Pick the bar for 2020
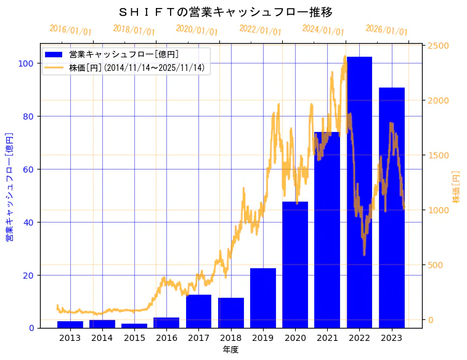pyautogui.click(x=295, y=264)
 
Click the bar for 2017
pyautogui.click(x=198, y=311)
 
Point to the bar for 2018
pyautogui.click(x=231, y=313)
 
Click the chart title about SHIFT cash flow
pyautogui.click(x=225, y=12)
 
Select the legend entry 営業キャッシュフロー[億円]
pyautogui.click(x=124, y=55)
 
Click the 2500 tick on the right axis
pyautogui.click(x=439, y=46)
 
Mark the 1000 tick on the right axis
pyautogui.click(x=439, y=210)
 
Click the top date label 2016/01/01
pyautogui.click(x=70, y=30)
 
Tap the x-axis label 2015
pyautogui.click(x=134, y=338)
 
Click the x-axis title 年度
pyautogui.click(x=230, y=350)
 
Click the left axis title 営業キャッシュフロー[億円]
pyautogui.click(x=9, y=187)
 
